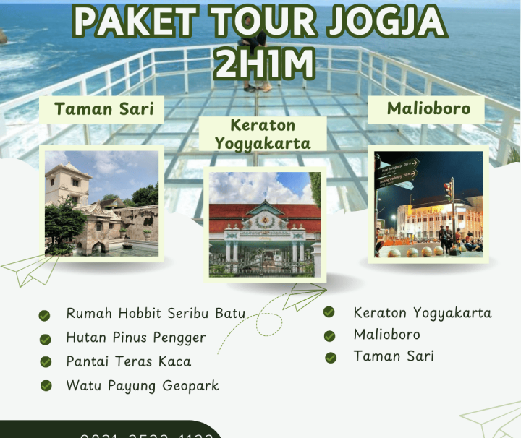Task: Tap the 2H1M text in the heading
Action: click(x=265, y=64)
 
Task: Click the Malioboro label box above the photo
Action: click(x=428, y=109)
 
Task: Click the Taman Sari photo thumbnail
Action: click(x=101, y=202)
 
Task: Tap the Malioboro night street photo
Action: click(x=429, y=202)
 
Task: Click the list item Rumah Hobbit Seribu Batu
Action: click(x=155, y=314)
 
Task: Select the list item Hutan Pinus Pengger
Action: click(x=135, y=338)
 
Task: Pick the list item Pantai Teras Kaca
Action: click(x=128, y=361)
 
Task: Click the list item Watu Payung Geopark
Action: click(x=142, y=385)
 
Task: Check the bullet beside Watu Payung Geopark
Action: click(x=46, y=386)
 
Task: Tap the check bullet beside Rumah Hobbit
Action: click(x=45, y=315)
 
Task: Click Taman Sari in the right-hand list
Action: click(x=393, y=356)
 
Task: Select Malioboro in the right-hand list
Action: click(x=386, y=335)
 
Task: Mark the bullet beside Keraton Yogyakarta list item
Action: click(x=329, y=312)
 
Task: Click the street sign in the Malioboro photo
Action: click(x=397, y=168)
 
